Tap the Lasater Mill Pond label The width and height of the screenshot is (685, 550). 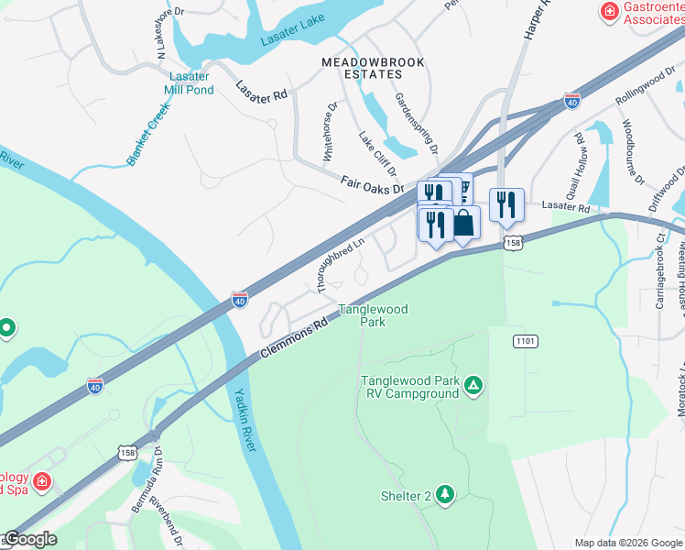point(189,83)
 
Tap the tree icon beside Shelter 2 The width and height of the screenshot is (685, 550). point(445,496)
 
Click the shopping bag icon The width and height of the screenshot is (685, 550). point(463,223)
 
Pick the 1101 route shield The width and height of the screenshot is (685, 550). point(525,341)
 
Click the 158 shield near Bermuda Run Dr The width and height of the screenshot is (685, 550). point(127,453)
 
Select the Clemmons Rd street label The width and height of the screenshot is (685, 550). point(292,337)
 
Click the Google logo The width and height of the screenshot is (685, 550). point(30,539)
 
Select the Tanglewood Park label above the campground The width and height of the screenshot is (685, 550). point(373,316)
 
